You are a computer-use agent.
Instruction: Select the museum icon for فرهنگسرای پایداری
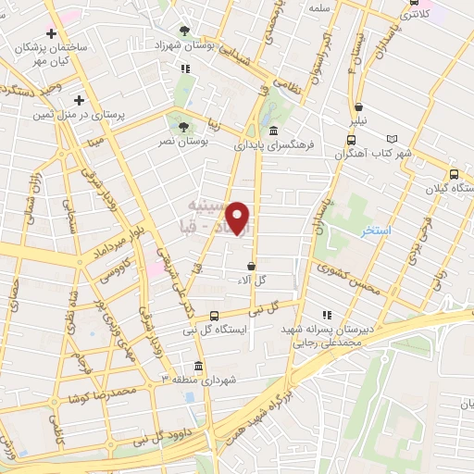tap(275, 130)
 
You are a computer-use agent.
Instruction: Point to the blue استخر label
tap(377, 229)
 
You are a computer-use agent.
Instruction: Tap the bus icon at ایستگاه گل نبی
tap(215, 316)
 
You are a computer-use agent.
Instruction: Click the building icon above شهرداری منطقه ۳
tap(198, 365)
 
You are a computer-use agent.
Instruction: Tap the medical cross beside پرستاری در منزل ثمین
tap(80, 100)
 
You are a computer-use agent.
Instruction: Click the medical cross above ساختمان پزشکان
tap(63, 33)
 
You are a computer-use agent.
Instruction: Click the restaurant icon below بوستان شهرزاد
tap(185, 68)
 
